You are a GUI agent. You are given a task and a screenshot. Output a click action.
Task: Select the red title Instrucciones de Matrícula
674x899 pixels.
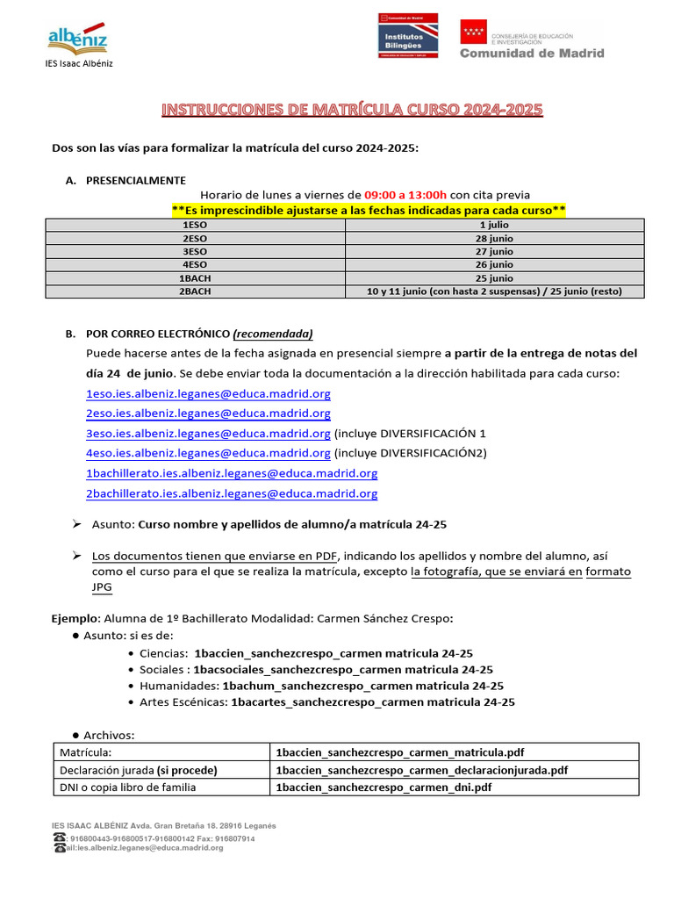(353, 110)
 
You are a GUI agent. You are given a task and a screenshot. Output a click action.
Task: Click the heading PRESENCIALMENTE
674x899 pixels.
(135, 180)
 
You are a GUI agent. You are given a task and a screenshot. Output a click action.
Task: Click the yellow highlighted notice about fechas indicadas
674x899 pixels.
(369, 210)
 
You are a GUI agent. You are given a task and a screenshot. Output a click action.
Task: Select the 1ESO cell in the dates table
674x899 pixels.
(195, 226)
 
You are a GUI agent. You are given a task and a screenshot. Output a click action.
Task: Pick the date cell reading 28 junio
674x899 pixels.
(494, 239)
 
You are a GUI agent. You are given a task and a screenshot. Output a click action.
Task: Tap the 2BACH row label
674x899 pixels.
(195, 291)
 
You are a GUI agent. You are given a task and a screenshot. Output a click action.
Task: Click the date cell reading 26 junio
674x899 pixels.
(494, 265)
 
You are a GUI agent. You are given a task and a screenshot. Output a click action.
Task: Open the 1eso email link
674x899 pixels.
(208, 394)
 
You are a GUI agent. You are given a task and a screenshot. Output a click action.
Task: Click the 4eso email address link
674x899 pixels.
(208, 453)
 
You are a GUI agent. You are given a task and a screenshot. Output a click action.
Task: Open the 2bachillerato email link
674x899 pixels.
(232, 493)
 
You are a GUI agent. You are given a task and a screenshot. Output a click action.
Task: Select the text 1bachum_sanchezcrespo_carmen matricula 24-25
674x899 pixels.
(362, 686)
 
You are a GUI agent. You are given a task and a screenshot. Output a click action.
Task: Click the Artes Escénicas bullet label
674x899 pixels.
(183, 702)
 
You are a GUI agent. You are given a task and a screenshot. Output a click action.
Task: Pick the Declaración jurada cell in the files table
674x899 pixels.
(138, 770)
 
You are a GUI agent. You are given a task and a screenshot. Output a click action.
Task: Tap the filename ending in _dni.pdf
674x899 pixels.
(384, 788)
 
